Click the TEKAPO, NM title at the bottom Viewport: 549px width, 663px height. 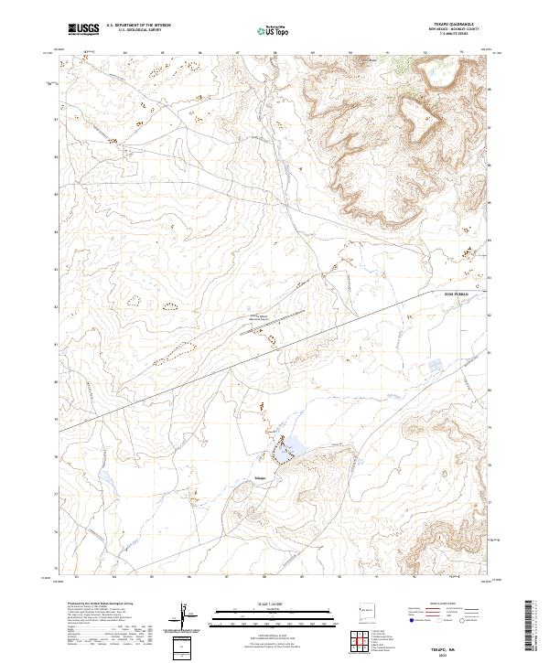pyautogui.click(x=446, y=645)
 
